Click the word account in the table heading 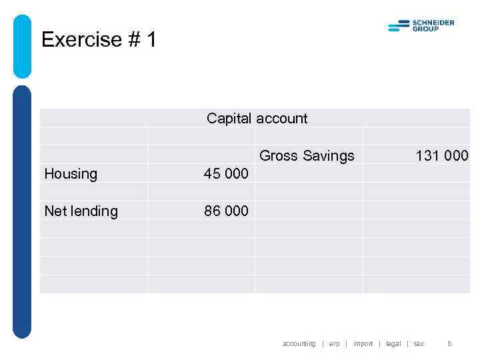(x=282, y=119)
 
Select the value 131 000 (x=442, y=156)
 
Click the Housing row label (x=71, y=174)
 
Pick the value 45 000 (x=226, y=174)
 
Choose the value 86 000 (x=226, y=211)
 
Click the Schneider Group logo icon (x=399, y=26)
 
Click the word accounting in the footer (x=299, y=344)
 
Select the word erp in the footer (x=334, y=344)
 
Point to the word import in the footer (x=363, y=344)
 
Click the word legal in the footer (x=393, y=344)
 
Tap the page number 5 (x=449, y=344)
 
